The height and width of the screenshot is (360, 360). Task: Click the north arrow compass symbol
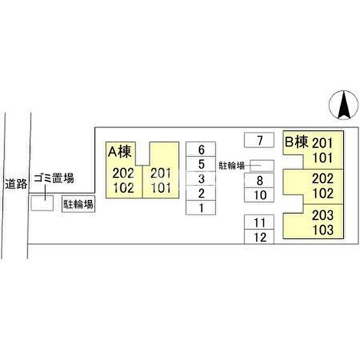click(344, 105)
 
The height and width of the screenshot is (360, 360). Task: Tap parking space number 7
click(259, 140)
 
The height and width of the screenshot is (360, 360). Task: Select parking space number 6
click(201, 149)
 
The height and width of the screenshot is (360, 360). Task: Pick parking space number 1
click(201, 208)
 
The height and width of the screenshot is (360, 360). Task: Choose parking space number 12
click(259, 237)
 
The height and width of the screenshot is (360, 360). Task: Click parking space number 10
click(259, 195)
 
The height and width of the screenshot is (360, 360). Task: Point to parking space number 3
click(201, 178)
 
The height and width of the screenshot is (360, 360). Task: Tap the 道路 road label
click(16, 184)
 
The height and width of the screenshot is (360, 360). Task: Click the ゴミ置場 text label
click(54, 178)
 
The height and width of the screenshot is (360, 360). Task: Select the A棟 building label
click(120, 152)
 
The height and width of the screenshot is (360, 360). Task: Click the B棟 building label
click(296, 142)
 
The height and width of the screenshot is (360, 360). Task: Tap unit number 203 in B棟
click(322, 215)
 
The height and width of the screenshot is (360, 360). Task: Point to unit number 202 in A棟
click(123, 173)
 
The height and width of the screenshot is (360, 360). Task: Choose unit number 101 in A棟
click(161, 188)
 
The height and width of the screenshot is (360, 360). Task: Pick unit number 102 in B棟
click(322, 193)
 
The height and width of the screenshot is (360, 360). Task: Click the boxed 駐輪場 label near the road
click(79, 204)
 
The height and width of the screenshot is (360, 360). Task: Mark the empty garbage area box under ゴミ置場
click(42, 203)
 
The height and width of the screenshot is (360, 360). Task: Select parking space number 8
click(259, 181)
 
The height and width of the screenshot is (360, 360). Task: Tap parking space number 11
click(259, 222)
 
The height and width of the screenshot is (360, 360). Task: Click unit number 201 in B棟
click(322, 143)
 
